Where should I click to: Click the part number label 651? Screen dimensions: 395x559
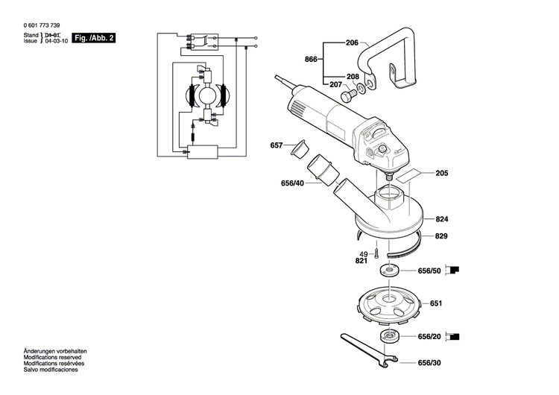click(436, 303)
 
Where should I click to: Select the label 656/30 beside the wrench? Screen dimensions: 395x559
click(429, 364)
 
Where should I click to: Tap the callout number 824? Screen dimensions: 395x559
click(441, 220)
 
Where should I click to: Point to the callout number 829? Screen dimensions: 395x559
click(441, 236)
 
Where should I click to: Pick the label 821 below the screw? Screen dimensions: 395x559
click(361, 262)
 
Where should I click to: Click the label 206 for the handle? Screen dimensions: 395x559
click(352, 43)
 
